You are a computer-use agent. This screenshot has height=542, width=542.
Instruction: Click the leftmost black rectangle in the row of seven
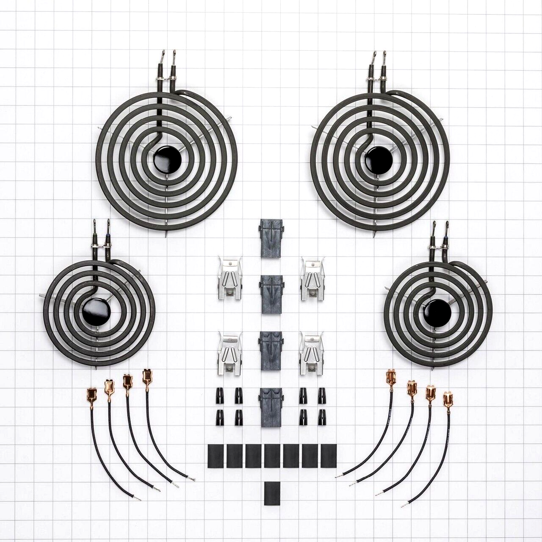215,456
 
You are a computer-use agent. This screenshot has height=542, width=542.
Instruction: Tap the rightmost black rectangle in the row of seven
328,456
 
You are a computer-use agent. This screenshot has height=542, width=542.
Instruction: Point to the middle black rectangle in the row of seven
271,456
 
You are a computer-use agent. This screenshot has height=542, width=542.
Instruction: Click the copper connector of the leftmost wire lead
91,394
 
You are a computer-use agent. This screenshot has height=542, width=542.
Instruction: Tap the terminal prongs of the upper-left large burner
168,59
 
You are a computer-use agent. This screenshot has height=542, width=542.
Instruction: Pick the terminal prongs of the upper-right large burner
379,59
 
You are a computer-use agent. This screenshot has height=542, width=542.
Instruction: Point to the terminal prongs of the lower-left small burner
102,229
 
